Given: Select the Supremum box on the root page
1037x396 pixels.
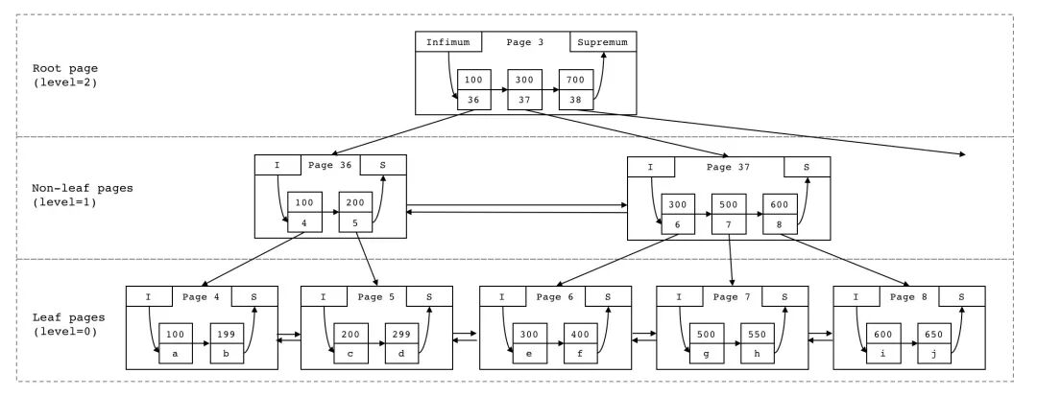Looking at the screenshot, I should tap(602, 42).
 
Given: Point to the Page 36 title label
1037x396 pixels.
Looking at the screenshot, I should tap(329, 165).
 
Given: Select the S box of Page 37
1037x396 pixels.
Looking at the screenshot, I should tap(807, 167).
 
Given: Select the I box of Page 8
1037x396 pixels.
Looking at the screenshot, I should tap(856, 296).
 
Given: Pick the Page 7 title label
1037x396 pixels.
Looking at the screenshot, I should tap(733, 296).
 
